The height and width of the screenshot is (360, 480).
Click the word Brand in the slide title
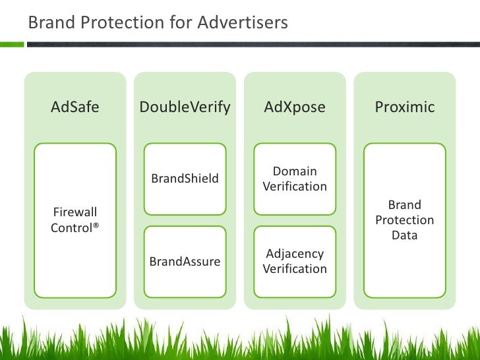pos(49,23)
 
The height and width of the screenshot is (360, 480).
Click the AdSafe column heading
pos(75,107)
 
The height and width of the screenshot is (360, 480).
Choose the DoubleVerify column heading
pos(185,107)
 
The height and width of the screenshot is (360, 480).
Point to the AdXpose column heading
pos(295,107)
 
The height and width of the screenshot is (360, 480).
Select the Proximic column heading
pos(404,107)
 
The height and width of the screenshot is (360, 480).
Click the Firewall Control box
pos(75,220)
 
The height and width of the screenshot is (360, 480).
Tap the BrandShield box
pos(185,179)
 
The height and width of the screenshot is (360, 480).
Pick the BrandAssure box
pos(185,262)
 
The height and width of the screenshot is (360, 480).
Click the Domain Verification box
pos(295,179)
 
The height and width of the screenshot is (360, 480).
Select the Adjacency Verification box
pos(295,262)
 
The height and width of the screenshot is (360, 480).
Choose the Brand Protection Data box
pos(404,220)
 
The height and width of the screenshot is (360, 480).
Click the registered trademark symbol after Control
pos(96,226)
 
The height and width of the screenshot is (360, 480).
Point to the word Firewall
pos(75,212)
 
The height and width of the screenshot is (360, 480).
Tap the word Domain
pos(295,171)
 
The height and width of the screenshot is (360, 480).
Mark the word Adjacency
pos(295,254)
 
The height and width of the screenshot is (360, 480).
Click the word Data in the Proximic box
pos(404,235)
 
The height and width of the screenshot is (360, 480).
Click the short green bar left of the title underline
pos(12,44)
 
